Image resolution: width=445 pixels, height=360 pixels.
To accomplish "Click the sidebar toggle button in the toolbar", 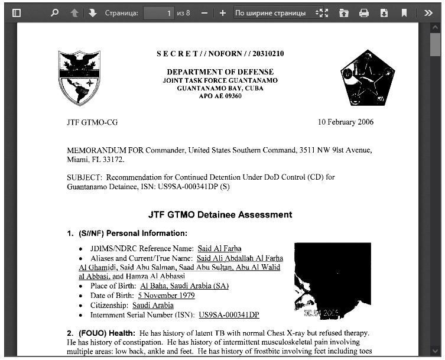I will [17, 12].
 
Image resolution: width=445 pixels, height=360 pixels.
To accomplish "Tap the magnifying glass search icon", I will [55, 12].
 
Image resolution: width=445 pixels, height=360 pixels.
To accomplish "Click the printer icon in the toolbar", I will [364, 12].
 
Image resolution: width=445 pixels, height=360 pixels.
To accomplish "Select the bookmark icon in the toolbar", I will [404, 12].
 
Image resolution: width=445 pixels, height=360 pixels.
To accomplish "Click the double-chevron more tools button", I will [428, 12].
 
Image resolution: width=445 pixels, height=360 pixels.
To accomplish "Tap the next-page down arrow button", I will [92, 12].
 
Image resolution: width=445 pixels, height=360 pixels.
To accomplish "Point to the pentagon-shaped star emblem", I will [367, 77].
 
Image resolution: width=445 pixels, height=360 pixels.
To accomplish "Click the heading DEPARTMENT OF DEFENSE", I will [220, 72].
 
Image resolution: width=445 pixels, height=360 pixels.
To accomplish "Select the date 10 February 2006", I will [346, 122].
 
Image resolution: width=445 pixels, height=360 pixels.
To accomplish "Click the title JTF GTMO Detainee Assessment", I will [220, 215].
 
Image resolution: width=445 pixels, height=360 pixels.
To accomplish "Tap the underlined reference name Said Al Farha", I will [219, 249].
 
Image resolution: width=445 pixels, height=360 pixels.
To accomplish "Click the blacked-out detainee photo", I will [333, 279].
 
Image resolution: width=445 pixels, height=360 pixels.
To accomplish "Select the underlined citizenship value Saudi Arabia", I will [152, 305].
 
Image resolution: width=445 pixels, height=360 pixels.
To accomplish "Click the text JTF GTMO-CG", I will [92, 122].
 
